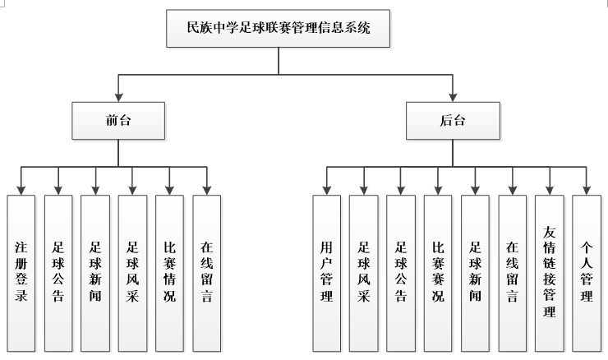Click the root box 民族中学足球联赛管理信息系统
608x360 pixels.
(x=279, y=29)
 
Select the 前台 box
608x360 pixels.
(x=119, y=121)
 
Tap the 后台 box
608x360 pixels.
(x=452, y=121)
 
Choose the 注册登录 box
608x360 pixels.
(x=21, y=272)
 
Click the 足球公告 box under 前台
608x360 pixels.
(x=58, y=272)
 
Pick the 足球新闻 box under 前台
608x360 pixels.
(x=95, y=272)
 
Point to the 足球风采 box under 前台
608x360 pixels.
(x=132, y=272)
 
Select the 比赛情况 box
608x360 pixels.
(x=169, y=272)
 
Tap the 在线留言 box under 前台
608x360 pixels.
(x=206, y=272)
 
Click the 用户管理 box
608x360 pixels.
(x=326, y=272)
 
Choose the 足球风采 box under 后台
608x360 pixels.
(x=363, y=272)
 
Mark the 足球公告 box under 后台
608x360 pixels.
(x=400, y=272)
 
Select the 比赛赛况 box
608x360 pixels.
(x=438, y=272)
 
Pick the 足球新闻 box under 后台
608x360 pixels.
(x=475, y=272)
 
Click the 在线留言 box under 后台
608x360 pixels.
(x=512, y=272)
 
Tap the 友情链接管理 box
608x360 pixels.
(x=549, y=272)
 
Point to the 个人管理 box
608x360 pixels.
(x=586, y=272)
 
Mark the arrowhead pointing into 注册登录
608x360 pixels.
(x=21, y=190)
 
